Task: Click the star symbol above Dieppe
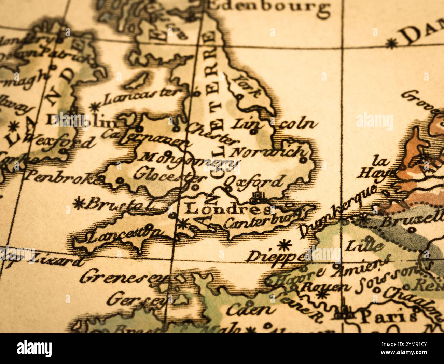point(283,245)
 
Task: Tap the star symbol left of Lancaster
point(94,107)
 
